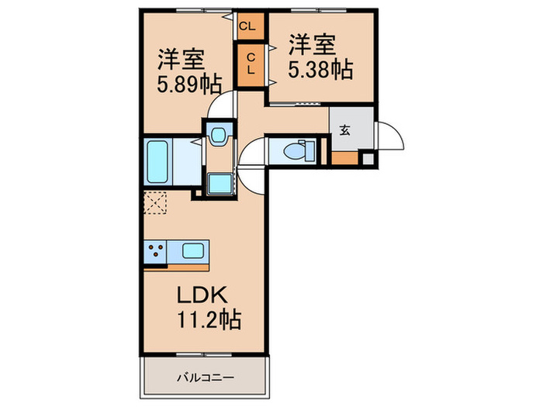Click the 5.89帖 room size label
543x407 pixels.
[x=189, y=85]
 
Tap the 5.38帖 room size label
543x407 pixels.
[x=320, y=70]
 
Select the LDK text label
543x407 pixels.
[x=202, y=295]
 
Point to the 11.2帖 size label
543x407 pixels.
[x=209, y=319]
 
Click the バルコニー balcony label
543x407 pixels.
[x=206, y=378]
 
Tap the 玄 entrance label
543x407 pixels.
[x=344, y=130]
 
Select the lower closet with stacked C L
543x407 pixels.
[x=251, y=64]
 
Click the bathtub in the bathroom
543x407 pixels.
[x=157, y=161]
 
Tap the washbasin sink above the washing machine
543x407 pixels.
[x=219, y=135]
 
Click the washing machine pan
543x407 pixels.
[x=220, y=184]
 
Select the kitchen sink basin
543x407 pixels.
[x=193, y=250]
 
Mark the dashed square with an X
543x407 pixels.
[x=155, y=202]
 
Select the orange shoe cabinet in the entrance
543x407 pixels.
[x=344, y=158]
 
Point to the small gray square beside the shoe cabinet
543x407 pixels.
[x=368, y=159]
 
